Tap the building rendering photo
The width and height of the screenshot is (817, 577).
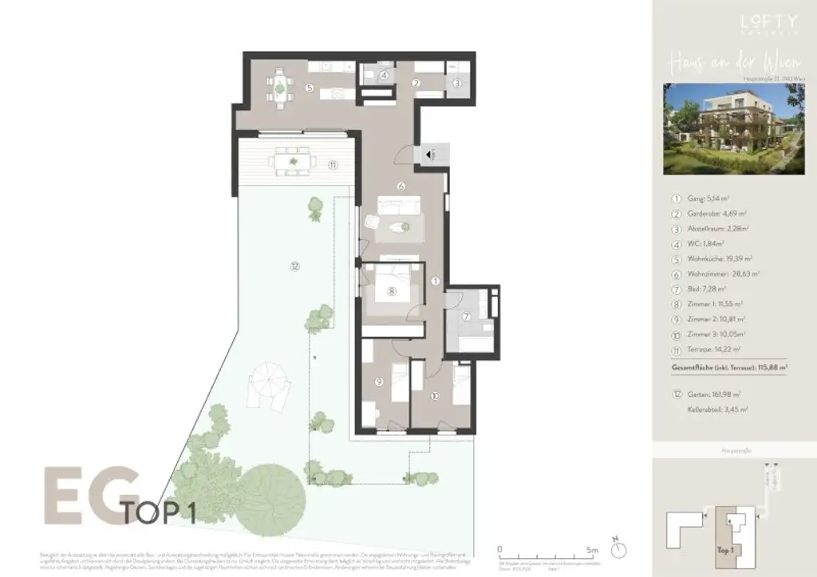click(733, 129)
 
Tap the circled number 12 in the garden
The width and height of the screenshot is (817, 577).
click(294, 267)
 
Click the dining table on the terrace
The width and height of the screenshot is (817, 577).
click(293, 162)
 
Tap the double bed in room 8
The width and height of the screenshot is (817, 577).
click(391, 289)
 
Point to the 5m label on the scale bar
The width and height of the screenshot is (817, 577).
click(591, 550)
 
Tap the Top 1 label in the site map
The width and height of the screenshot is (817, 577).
click(724, 549)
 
